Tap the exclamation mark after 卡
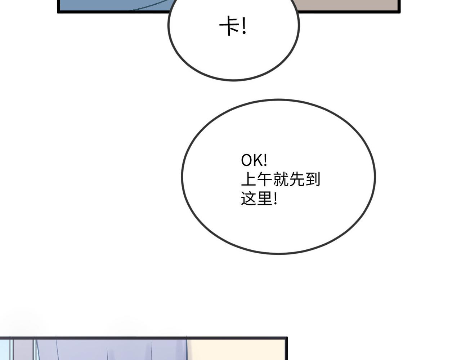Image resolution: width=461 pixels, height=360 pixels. (x=244, y=27)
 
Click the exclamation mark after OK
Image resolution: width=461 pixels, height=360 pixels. (x=265, y=160)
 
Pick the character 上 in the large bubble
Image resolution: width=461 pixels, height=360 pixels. (x=248, y=179)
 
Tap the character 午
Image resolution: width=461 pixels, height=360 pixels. (x=264, y=179)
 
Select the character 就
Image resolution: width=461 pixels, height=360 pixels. (x=281, y=179)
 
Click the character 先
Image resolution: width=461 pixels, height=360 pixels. (x=297, y=179)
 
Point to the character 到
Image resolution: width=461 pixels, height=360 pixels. (x=313, y=179)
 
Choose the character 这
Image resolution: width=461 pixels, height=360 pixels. (x=248, y=199)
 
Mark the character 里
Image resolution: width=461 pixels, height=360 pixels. (x=264, y=199)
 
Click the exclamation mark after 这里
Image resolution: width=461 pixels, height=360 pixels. (x=276, y=199)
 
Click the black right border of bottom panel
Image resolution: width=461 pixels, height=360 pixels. (x=287, y=350)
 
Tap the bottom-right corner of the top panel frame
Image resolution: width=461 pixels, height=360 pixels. (x=399, y=12)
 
